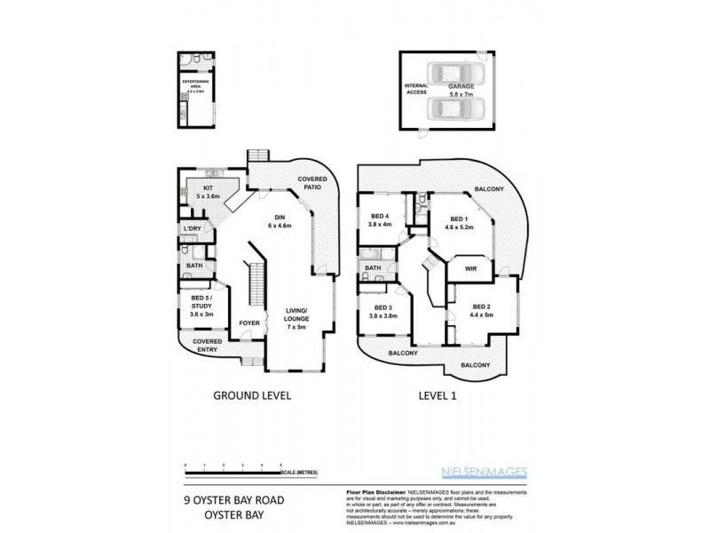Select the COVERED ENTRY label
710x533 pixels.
click(208, 345)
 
